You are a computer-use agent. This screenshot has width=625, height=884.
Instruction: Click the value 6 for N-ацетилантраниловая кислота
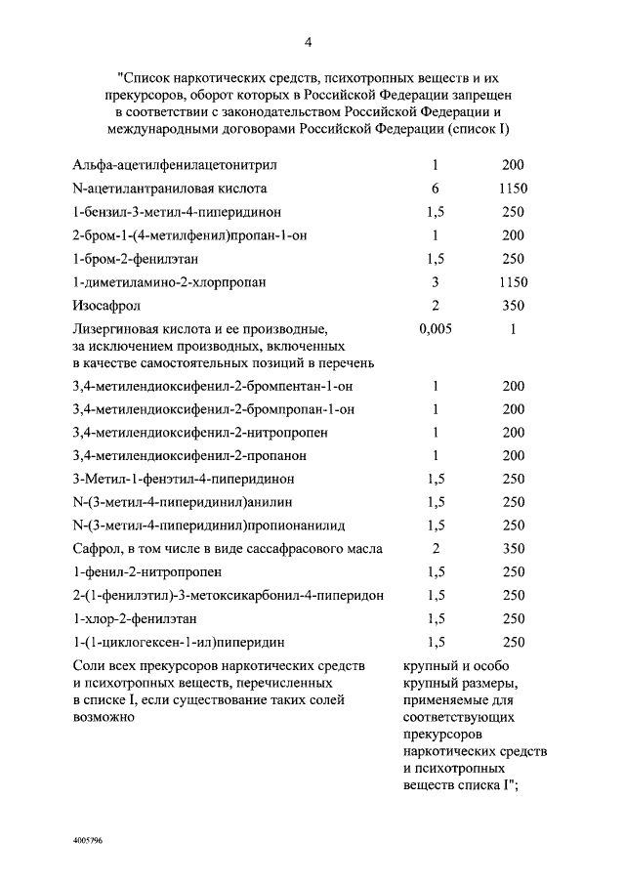(436, 189)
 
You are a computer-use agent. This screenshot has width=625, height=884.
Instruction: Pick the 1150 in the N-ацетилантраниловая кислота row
(512, 189)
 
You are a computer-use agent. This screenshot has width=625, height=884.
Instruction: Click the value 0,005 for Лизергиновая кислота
(436, 329)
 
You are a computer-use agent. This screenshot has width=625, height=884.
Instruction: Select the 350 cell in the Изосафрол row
(512, 306)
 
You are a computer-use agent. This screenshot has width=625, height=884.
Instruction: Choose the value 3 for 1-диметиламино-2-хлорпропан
(436, 282)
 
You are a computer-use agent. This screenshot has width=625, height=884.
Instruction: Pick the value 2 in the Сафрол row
(436, 548)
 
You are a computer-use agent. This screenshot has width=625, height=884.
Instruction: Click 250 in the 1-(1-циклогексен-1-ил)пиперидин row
(512, 642)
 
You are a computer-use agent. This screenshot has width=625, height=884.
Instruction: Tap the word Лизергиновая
(121, 329)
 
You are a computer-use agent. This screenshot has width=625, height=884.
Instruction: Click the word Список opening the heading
(150, 75)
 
